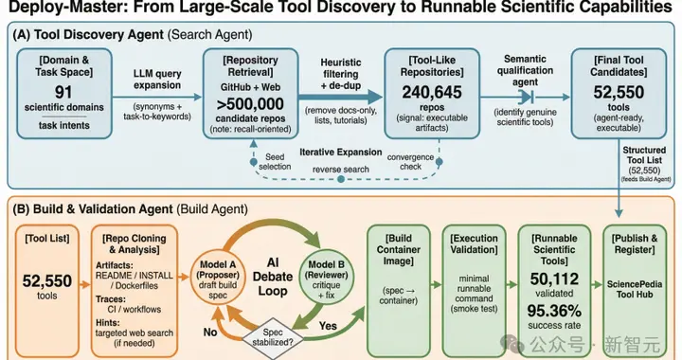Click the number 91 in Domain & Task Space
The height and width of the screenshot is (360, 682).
point(63,92)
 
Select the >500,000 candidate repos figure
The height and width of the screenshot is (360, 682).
point(250,104)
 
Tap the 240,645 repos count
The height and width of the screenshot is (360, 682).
point(432,92)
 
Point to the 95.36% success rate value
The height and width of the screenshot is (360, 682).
point(554,311)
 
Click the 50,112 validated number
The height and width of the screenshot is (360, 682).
point(554,279)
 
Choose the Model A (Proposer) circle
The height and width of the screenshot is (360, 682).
point(218,280)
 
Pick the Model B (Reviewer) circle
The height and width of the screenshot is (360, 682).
point(326,279)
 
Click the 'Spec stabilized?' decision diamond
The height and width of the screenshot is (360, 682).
point(273,337)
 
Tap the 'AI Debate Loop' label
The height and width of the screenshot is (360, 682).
point(273,277)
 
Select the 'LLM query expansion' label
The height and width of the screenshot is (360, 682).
point(157,80)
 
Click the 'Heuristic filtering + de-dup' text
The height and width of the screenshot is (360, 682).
point(341,74)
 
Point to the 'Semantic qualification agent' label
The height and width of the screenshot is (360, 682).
point(525,70)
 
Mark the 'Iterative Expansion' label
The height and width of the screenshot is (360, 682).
point(341,153)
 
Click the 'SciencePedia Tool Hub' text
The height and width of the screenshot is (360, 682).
point(635,289)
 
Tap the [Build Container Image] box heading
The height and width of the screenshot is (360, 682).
point(399,249)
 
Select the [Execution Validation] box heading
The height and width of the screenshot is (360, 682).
point(474,243)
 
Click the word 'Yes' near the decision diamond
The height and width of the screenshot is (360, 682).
point(328,326)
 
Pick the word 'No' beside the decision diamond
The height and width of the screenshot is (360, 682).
point(210,333)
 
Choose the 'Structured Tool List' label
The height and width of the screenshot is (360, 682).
point(644,154)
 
